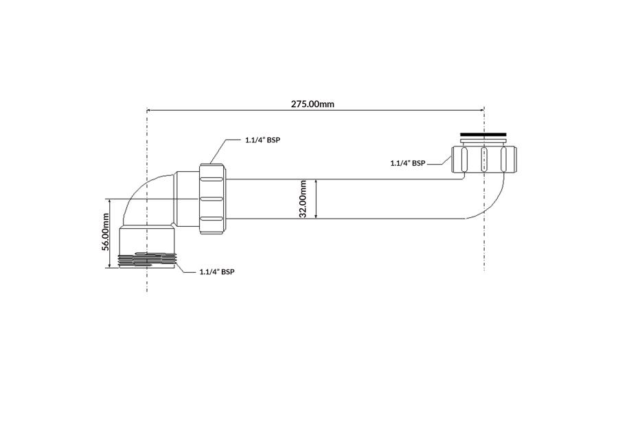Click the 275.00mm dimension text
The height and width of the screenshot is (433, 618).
pos(312,104)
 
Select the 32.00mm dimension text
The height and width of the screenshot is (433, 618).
pos(303,199)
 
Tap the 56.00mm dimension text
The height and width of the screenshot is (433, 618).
pos(105,232)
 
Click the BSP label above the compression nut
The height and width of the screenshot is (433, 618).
pos(262,140)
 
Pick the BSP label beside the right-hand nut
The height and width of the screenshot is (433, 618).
pos(408,163)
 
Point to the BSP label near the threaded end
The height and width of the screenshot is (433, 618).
pos(217,271)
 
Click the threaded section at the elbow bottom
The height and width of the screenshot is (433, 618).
pos(147,260)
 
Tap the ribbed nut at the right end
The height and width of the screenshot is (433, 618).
pos(483,159)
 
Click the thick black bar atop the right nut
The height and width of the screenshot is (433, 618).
pos(483,135)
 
